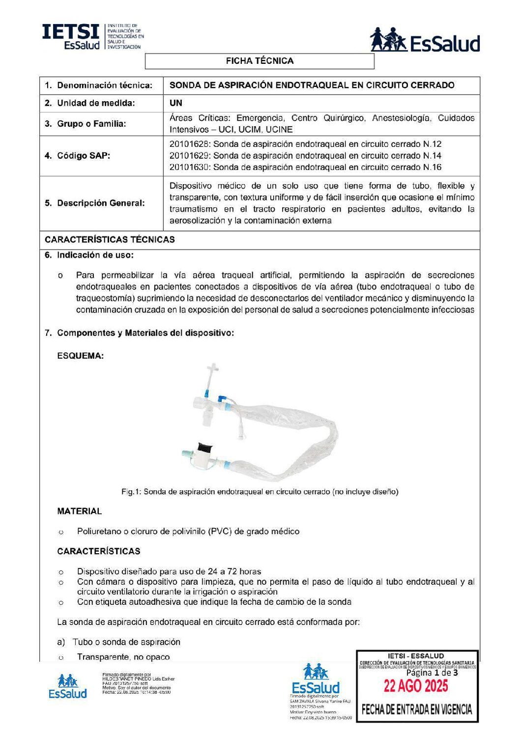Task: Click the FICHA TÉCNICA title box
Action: tap(260, 61)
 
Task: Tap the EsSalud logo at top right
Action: tap(425, 40)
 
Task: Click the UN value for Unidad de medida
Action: tap(175, 103)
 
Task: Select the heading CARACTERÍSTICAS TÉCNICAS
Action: tap(110, 240)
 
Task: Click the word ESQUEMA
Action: tap(81, 356)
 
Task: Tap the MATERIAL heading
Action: tap(80, 511)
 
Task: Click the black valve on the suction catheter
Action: tap(205, 448)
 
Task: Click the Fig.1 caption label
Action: tap(260, 492)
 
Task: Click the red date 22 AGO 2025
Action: tap(416, 686)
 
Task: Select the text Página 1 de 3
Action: tap(432, 673)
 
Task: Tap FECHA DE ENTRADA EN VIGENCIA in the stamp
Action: tap(417, 709)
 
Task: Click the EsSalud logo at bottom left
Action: tap(67, 687)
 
